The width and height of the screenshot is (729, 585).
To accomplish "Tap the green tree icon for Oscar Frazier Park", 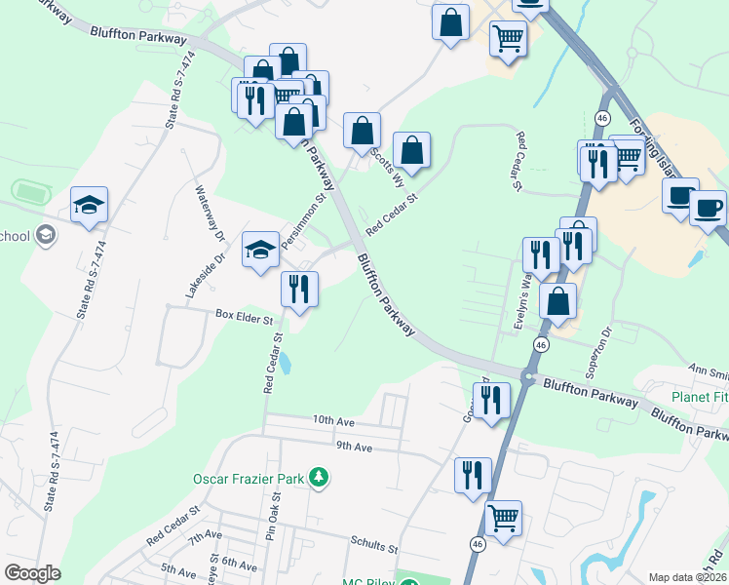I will click(x=318, y=477).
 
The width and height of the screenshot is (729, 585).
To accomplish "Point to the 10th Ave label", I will click(x=334, y=419).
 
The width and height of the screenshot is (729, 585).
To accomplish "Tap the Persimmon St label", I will click(x=303, y=226).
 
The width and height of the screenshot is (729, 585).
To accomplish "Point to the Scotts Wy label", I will click(x=388, y=168).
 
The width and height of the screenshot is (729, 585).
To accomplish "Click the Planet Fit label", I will click(x=699, y=397).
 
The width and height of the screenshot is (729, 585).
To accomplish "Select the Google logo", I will click(x=33, y=573).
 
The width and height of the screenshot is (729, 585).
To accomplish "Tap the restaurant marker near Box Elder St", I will click(x=299, y=290).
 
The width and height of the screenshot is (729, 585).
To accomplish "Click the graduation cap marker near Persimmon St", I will click(x=260, y=252).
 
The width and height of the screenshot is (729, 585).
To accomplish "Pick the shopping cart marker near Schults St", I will click(x=503, y=519).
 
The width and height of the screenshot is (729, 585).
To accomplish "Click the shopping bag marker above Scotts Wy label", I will click(x=362, y=131).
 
